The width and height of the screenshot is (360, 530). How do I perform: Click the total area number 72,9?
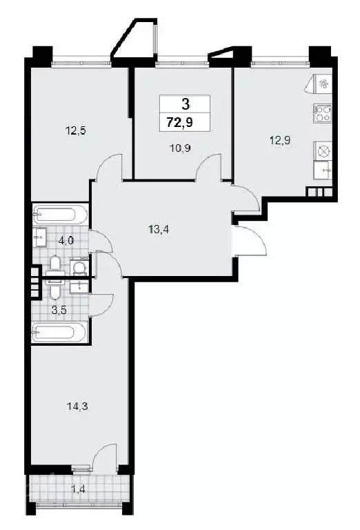(180, 121)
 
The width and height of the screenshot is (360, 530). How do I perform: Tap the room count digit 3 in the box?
(185, 104)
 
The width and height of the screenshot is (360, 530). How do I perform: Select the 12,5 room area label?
(76, 130)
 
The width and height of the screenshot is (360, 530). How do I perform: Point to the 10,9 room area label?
(181, 148)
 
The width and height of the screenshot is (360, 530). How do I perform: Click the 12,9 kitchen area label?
(280, 140)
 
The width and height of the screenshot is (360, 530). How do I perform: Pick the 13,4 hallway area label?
(158, 230)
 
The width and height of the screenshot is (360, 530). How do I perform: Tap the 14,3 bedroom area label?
(77, 406)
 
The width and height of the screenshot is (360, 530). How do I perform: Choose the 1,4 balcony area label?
(78, 489)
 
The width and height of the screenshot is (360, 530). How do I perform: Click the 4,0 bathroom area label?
(66, 242)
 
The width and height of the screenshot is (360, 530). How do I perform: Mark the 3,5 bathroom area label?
(59, 310)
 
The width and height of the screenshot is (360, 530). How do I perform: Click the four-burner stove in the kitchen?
(323, 114)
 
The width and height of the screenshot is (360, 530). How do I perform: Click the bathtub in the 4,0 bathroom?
(60, 214)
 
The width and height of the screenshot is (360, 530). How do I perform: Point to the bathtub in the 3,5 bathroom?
(60, 333)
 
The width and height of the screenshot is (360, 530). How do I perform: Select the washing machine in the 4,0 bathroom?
(80, 266)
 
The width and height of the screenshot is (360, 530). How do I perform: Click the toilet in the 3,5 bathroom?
(54, 288)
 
